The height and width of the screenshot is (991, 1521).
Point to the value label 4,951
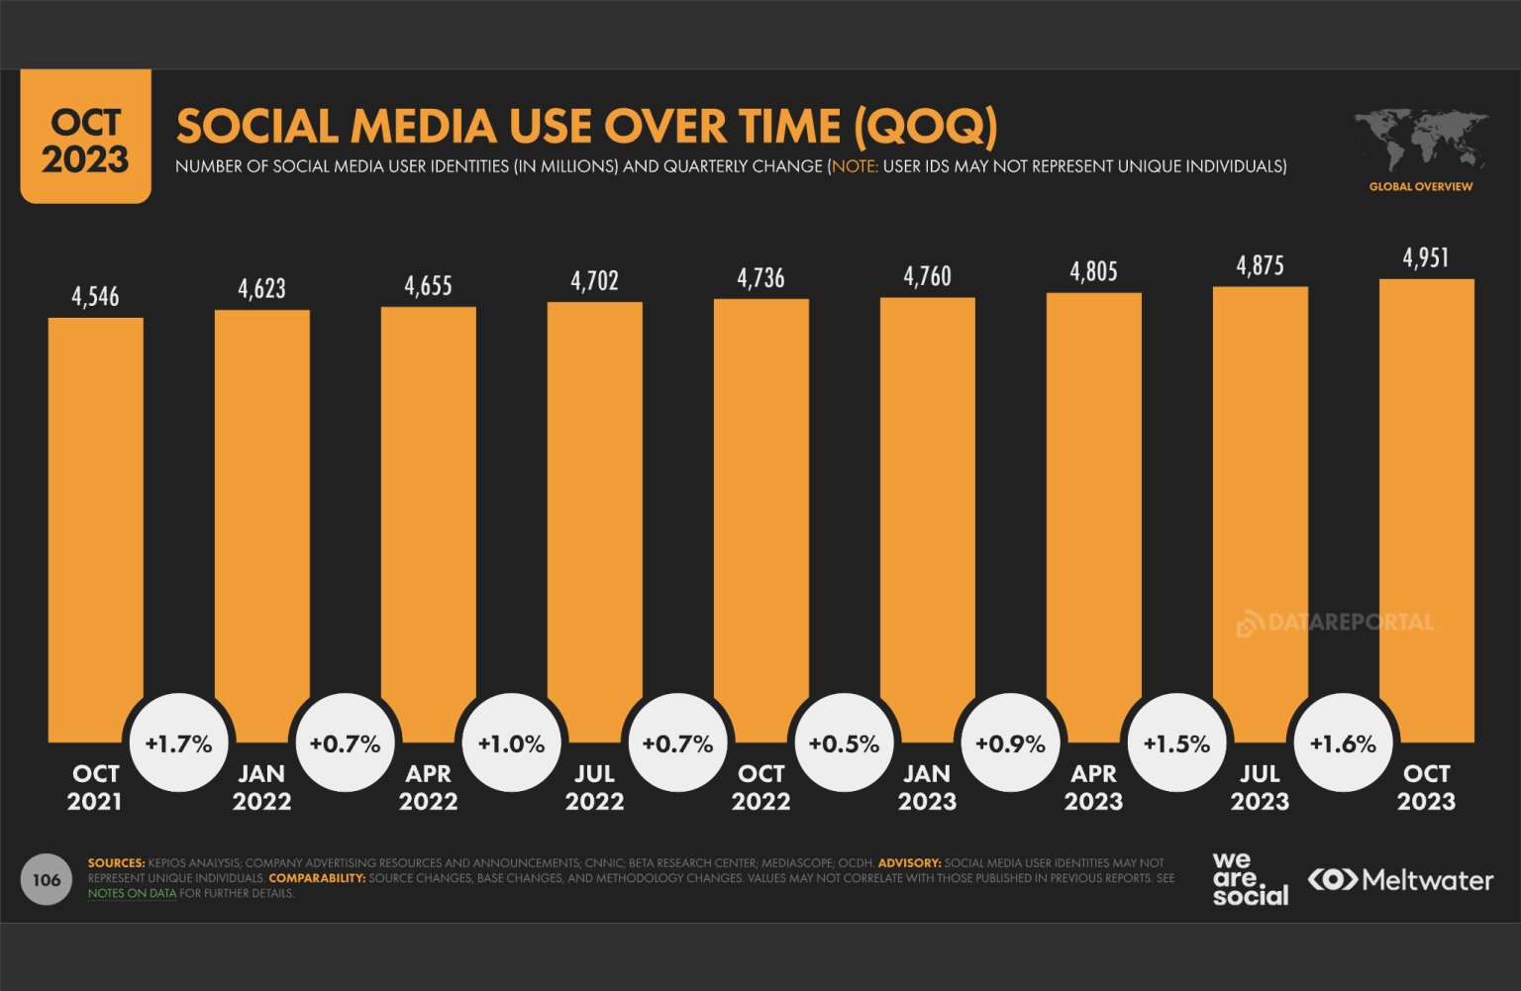pos(1426,258)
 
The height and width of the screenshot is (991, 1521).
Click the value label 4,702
pos(594,281)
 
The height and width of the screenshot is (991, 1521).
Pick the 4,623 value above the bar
pos(261,289)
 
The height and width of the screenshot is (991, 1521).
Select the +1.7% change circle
pos(179,743)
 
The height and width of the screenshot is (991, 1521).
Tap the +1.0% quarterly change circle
pos(512,743)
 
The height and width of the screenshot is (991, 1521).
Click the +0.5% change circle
pos(845,743)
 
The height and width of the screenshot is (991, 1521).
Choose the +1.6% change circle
pos(1344,743)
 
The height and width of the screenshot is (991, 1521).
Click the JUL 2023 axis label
pos(1260,787)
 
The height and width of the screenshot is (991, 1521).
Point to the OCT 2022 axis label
pos(760,787)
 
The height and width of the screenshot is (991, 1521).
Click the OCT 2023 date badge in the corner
pos(86,140)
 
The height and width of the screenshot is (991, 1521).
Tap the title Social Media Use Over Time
pos(586,127)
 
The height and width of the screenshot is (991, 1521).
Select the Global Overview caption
pos(1420,186)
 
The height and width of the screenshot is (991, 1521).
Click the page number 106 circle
pos(47,879)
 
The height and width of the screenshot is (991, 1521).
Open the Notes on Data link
pos(132,893)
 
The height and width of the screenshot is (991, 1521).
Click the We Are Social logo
pos(1250,879)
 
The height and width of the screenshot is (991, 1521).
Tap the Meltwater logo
pos(1400,879)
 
